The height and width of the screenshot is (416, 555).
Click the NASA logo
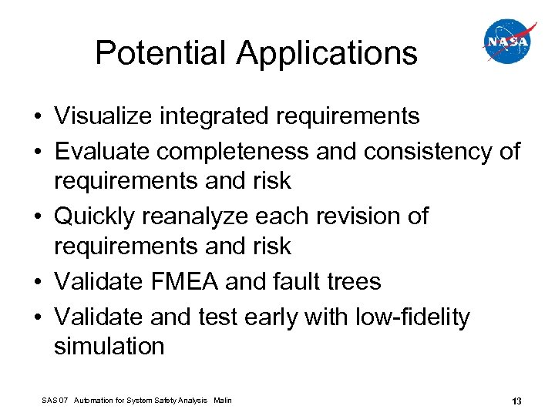507,42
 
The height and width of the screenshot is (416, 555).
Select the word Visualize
103,116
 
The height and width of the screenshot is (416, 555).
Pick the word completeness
234,151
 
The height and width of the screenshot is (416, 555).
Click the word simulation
109,347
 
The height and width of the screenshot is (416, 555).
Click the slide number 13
516,401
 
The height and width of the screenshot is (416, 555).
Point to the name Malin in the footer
222,401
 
